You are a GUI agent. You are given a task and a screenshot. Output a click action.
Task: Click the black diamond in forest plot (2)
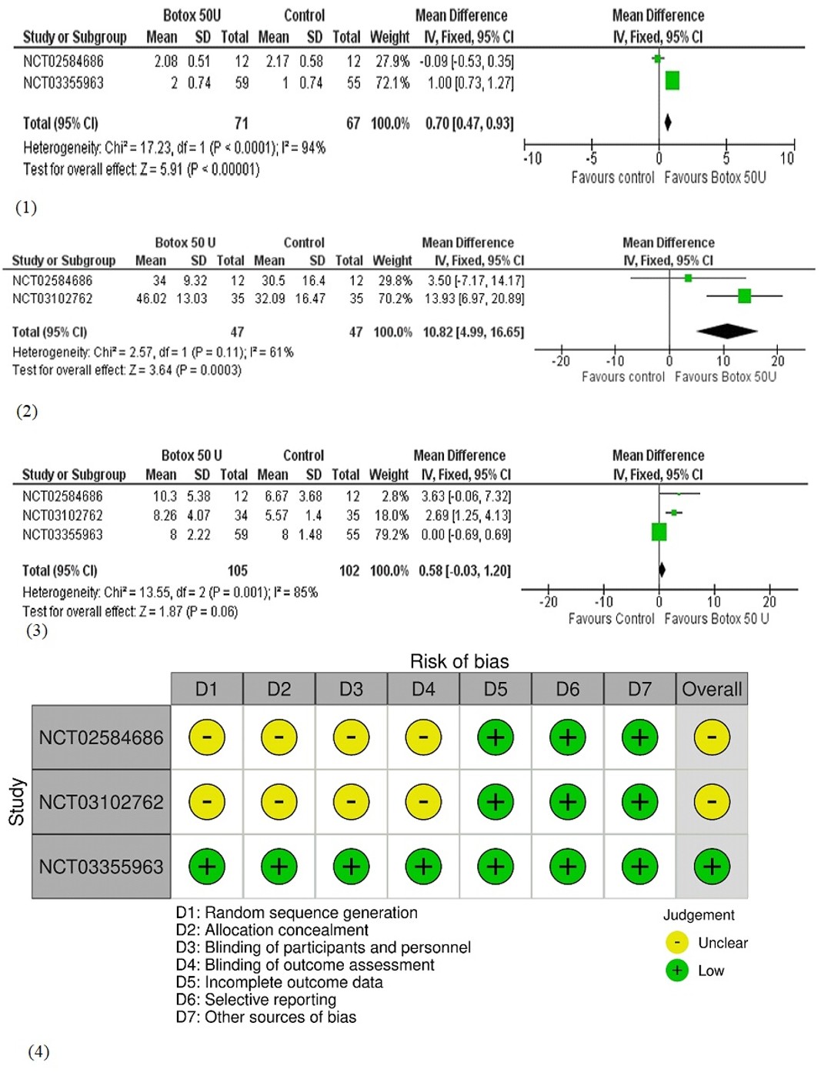point(726,331)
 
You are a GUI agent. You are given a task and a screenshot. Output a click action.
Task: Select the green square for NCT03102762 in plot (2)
point(745,296)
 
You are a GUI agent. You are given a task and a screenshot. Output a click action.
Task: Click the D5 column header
point(496,689)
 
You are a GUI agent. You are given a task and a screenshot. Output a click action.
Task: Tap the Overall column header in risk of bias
point(712,689)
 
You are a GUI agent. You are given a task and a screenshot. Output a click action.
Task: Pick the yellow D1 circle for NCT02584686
point(207,737)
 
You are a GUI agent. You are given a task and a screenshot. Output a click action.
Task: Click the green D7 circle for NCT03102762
point(639,801)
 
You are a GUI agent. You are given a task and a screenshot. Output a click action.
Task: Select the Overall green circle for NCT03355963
point(712,867)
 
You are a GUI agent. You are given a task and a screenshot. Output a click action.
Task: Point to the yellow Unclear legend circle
point(677,943)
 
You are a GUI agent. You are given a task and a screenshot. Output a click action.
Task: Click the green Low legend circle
point(677,971)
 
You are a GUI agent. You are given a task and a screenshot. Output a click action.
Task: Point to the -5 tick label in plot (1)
point(591,159)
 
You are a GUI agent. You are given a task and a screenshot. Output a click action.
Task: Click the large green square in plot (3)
point(659,532)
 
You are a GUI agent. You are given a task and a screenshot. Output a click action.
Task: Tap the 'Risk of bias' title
point(459,661)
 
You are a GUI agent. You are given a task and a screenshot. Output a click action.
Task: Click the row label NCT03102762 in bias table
point(101,802)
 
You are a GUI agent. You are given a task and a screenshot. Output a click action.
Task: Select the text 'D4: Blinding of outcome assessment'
point(305,965)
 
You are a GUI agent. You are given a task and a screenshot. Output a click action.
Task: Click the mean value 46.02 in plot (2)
point(152,299)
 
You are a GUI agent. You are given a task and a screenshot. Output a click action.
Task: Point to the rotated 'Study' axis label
point(17,801)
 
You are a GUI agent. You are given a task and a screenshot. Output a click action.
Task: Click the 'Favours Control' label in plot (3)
point(611,619)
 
